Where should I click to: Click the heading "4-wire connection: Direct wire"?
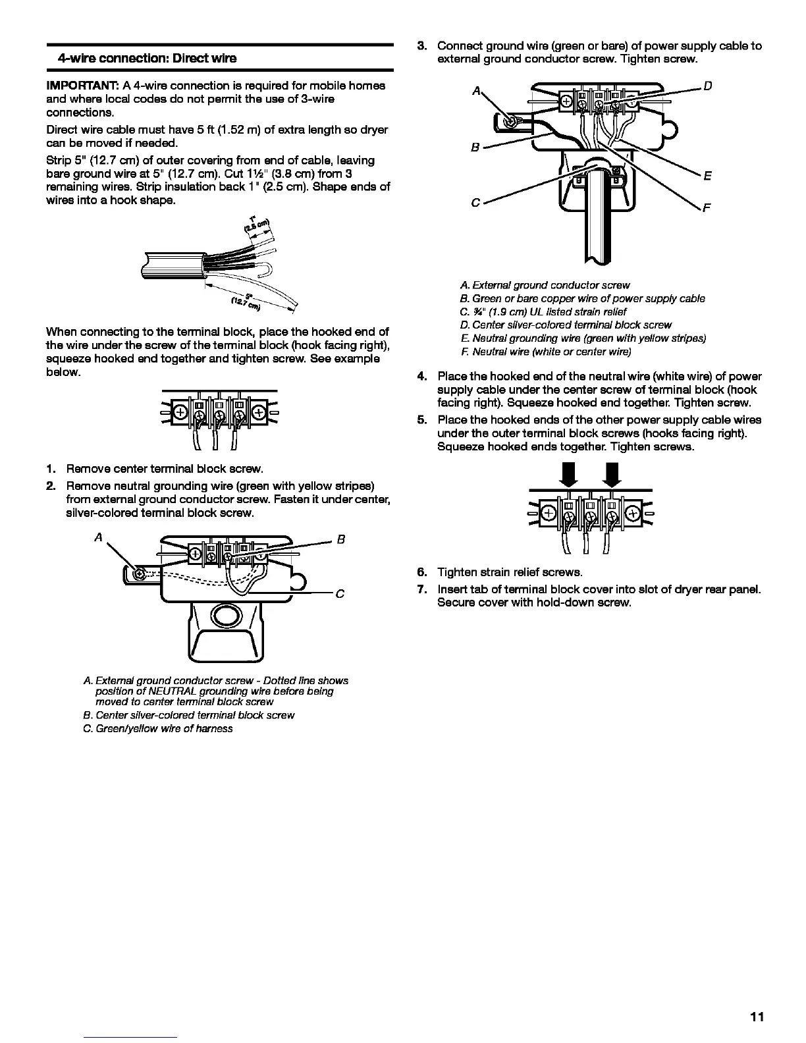pyautogui.click(x=147, y=58)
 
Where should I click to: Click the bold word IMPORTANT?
pyautogui.click(x=82, y=86)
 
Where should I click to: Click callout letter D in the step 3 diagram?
pyautogui.click(x=709, y=86)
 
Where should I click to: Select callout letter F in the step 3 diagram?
pyautogui.click(x=707, y=209)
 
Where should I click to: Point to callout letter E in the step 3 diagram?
pyautogui.click(x=707, y=176)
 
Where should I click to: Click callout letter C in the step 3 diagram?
pyautogui.click(x=475, y=203)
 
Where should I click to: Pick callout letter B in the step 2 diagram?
pyautogui.click(x=341, y=540)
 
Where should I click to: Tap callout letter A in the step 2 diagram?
pyautogui.click(x=98, y=538)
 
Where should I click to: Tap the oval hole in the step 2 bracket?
pyautogui.click(x=224, y=617)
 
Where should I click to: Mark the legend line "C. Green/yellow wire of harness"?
pyautogui.click(x=157, y=728)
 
